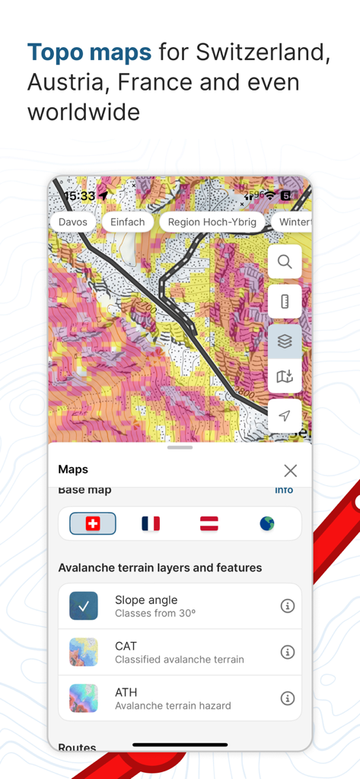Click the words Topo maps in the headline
click(89, 52)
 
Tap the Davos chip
click(73, 222)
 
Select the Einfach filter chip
click(127, 222)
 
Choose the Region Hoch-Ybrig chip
click(212, 222)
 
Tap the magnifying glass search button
click(285, 262)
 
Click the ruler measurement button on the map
click(285, 301)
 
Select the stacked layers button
click(285, 342)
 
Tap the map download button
click(285, 377)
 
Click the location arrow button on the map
click(285, 415)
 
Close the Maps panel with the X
click(290, 470)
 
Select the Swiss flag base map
click(93, 523)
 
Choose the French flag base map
click(151, 523)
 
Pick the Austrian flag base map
click(209, 523)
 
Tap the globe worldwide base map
click(266, 523)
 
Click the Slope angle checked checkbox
click(84, 606)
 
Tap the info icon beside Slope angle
click(287, 606)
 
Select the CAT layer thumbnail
click(84, 652)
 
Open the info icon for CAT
click(287, 652)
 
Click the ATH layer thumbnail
click(84, 698)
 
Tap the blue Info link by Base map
click(284, 490)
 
